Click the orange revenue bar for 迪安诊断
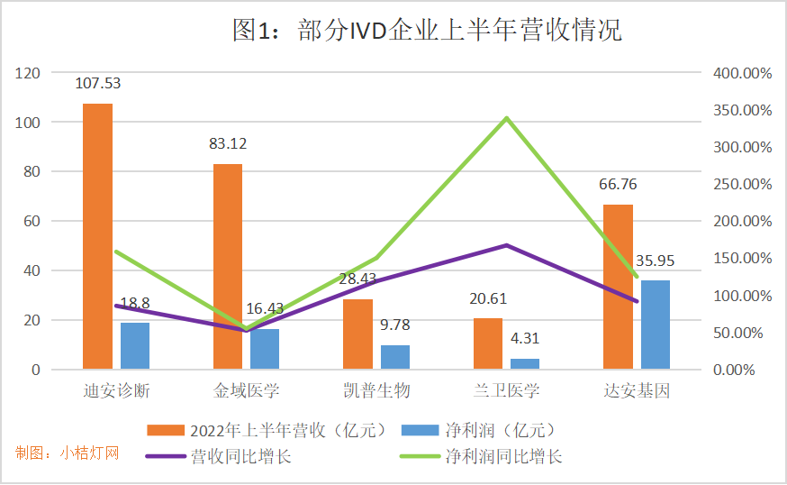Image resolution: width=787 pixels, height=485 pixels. coord(98,236)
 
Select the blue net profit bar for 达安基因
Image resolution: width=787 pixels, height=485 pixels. coord(655,325)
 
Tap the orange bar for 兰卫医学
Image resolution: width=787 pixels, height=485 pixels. coord(488,343)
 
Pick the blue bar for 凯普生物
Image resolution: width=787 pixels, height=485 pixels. coord(394,357)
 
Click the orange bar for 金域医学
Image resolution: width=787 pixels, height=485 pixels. coord(228,266)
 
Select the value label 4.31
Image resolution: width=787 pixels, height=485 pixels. coord(525,340)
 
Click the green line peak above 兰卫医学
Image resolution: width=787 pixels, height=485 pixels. coord(507,118)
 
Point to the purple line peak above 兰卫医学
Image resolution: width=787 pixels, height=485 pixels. coord(507,245)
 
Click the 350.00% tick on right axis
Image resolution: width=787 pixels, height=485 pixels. coord(744,110)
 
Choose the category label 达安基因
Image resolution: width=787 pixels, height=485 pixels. coord(637,391)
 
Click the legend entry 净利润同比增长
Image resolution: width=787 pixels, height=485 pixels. coord(503,456)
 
